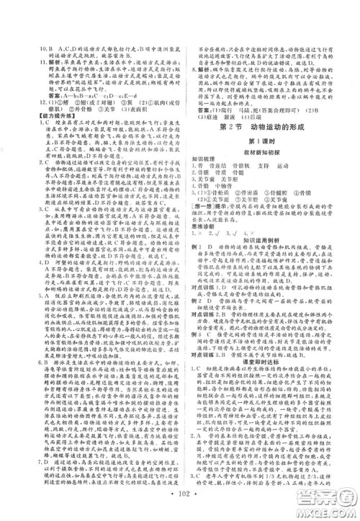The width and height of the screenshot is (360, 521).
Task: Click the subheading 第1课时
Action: tap(271, 140)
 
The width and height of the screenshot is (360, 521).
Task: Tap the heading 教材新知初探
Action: tap(271, 150)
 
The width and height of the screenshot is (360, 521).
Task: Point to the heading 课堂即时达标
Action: tap(271, 393)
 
